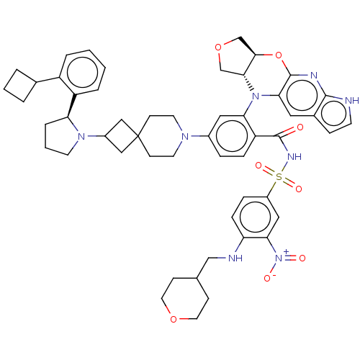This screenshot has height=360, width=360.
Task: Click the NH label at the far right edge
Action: pos(351,101)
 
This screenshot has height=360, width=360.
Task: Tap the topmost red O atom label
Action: pos(220,48)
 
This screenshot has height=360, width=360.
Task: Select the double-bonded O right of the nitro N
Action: pos(302,257)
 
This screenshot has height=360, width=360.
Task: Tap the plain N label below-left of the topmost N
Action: pos(255,95)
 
